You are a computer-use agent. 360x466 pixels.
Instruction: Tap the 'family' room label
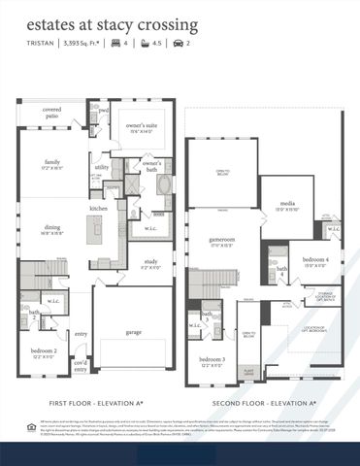click(52, 164)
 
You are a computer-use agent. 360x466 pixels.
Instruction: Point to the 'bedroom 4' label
click(315, 260)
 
